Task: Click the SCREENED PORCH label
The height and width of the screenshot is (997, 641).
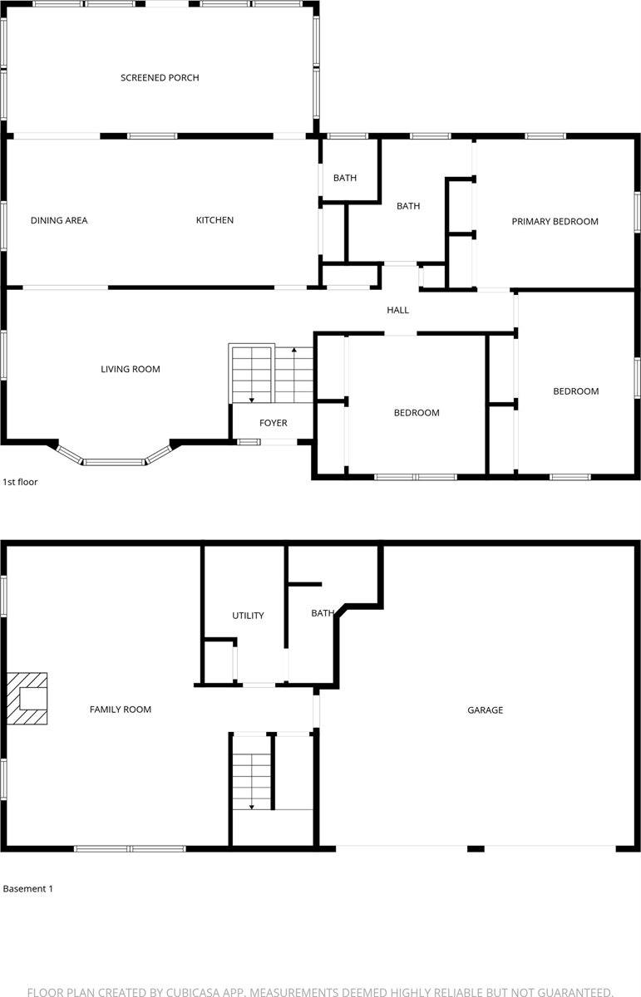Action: [x=160, y=78]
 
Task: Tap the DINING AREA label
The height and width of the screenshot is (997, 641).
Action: [x=59, y=221]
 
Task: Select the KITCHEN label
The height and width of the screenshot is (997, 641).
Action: [x=214, y=221]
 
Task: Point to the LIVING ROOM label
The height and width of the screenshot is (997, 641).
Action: [x=131, y=370]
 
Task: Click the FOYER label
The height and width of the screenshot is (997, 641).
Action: [x=273, y=424]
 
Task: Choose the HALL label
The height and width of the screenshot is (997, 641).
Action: [x=397, y=311]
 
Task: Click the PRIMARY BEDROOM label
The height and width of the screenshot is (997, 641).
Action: [x=555, y=222]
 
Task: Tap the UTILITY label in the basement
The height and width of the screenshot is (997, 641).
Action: [x=248, y=616]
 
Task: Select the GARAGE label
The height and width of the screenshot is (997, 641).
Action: [x=485, y=710]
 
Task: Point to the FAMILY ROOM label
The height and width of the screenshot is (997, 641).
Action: [x=121, y=710]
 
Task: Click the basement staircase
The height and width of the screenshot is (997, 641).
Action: [x=252, y=773]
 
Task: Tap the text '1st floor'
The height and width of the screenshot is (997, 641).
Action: [x=20, y=482]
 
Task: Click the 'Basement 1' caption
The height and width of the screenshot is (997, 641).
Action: [x=27, y=889]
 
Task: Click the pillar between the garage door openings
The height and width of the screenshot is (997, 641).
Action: [x=476, y=848]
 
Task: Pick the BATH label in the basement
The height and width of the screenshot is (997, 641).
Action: [x=322, y=614]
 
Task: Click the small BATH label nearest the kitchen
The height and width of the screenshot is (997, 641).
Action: [x=345, y=179]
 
